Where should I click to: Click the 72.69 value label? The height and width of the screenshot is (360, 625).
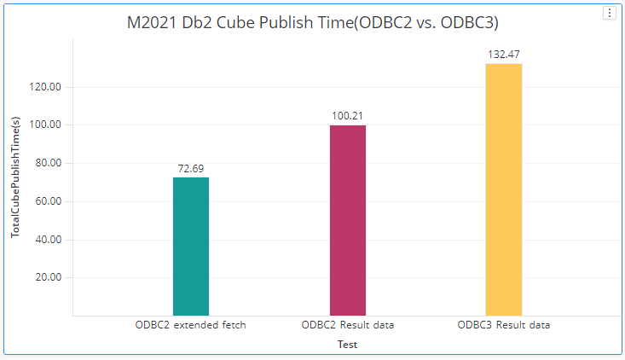pos(191,169)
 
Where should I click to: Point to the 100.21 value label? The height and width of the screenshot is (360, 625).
pos(348,116)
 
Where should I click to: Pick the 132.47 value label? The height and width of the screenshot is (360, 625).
pos(504,55)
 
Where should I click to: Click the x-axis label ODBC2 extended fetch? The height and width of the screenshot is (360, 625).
pos(191,325)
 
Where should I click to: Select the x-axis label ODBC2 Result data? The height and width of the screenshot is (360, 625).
pos(348,325)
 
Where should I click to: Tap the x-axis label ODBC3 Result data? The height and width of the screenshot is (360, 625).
pos(504,325)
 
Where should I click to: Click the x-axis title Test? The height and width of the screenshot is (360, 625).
pos(346,345)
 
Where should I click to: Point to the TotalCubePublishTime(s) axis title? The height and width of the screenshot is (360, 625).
pos(15,177)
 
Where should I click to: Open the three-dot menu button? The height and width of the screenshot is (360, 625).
pos(609,13)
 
